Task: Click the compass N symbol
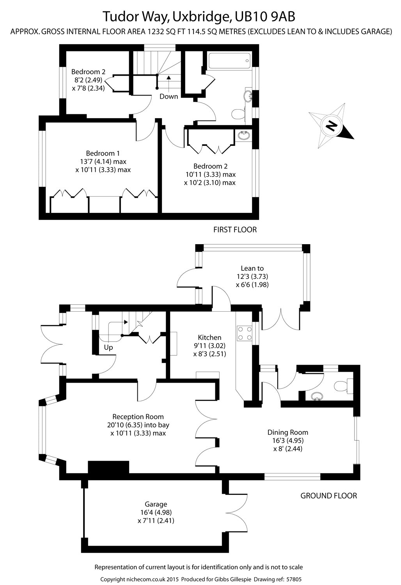point(331,126)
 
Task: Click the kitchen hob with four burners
point(244,333)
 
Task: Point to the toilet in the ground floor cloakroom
point(342,386)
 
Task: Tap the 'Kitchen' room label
point(209,337)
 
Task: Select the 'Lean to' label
point(252,268)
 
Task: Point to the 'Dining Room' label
point(288,432)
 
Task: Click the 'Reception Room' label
point(138,417)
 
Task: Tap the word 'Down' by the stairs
point(169,96)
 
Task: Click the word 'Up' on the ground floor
point(108,347)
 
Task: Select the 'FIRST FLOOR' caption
point(235,230)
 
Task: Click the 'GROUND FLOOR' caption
point(328,496)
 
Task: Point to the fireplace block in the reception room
point(108,467)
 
